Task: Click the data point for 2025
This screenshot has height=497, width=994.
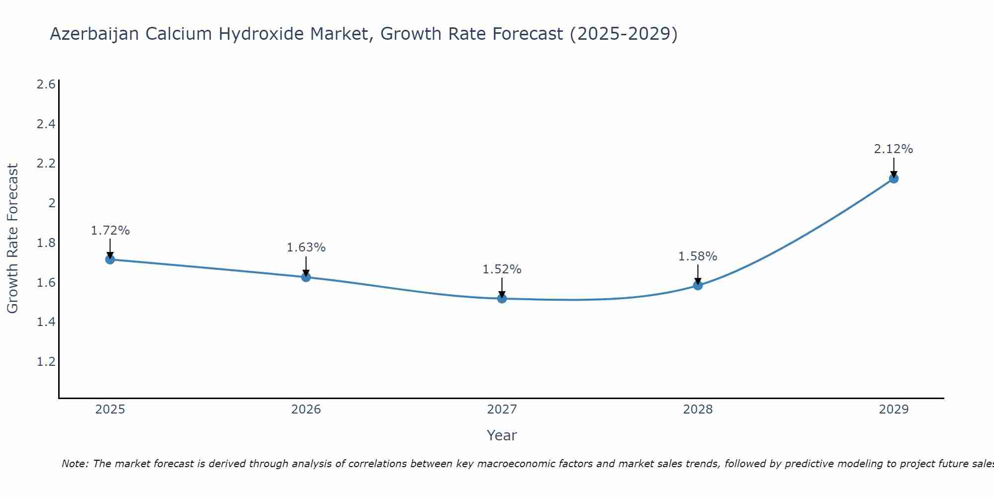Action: pos(110,259)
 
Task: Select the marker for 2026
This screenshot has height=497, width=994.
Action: pos(306,277)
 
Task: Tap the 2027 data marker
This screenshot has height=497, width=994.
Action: pos(502,299)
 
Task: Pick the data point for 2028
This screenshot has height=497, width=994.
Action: pos(698,285)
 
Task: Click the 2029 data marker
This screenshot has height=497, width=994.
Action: pos(894,178)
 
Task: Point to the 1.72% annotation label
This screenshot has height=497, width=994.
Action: pos(110,231)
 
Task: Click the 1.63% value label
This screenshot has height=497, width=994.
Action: pos(306,248)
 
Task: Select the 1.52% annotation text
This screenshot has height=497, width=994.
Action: pos(502,269)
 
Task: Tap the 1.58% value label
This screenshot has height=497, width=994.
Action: pos(698,256)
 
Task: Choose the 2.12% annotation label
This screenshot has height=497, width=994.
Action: pos(894,149)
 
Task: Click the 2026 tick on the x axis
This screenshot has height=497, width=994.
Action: pos(306,410)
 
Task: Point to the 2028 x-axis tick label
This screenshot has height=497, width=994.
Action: pos(698,410)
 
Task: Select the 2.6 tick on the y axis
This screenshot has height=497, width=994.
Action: pos(46,84)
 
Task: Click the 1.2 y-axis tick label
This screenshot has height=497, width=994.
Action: pos(46,361)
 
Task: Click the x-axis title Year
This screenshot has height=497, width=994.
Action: pos(502,435)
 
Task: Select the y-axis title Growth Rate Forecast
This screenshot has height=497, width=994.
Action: pos(12,239)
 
